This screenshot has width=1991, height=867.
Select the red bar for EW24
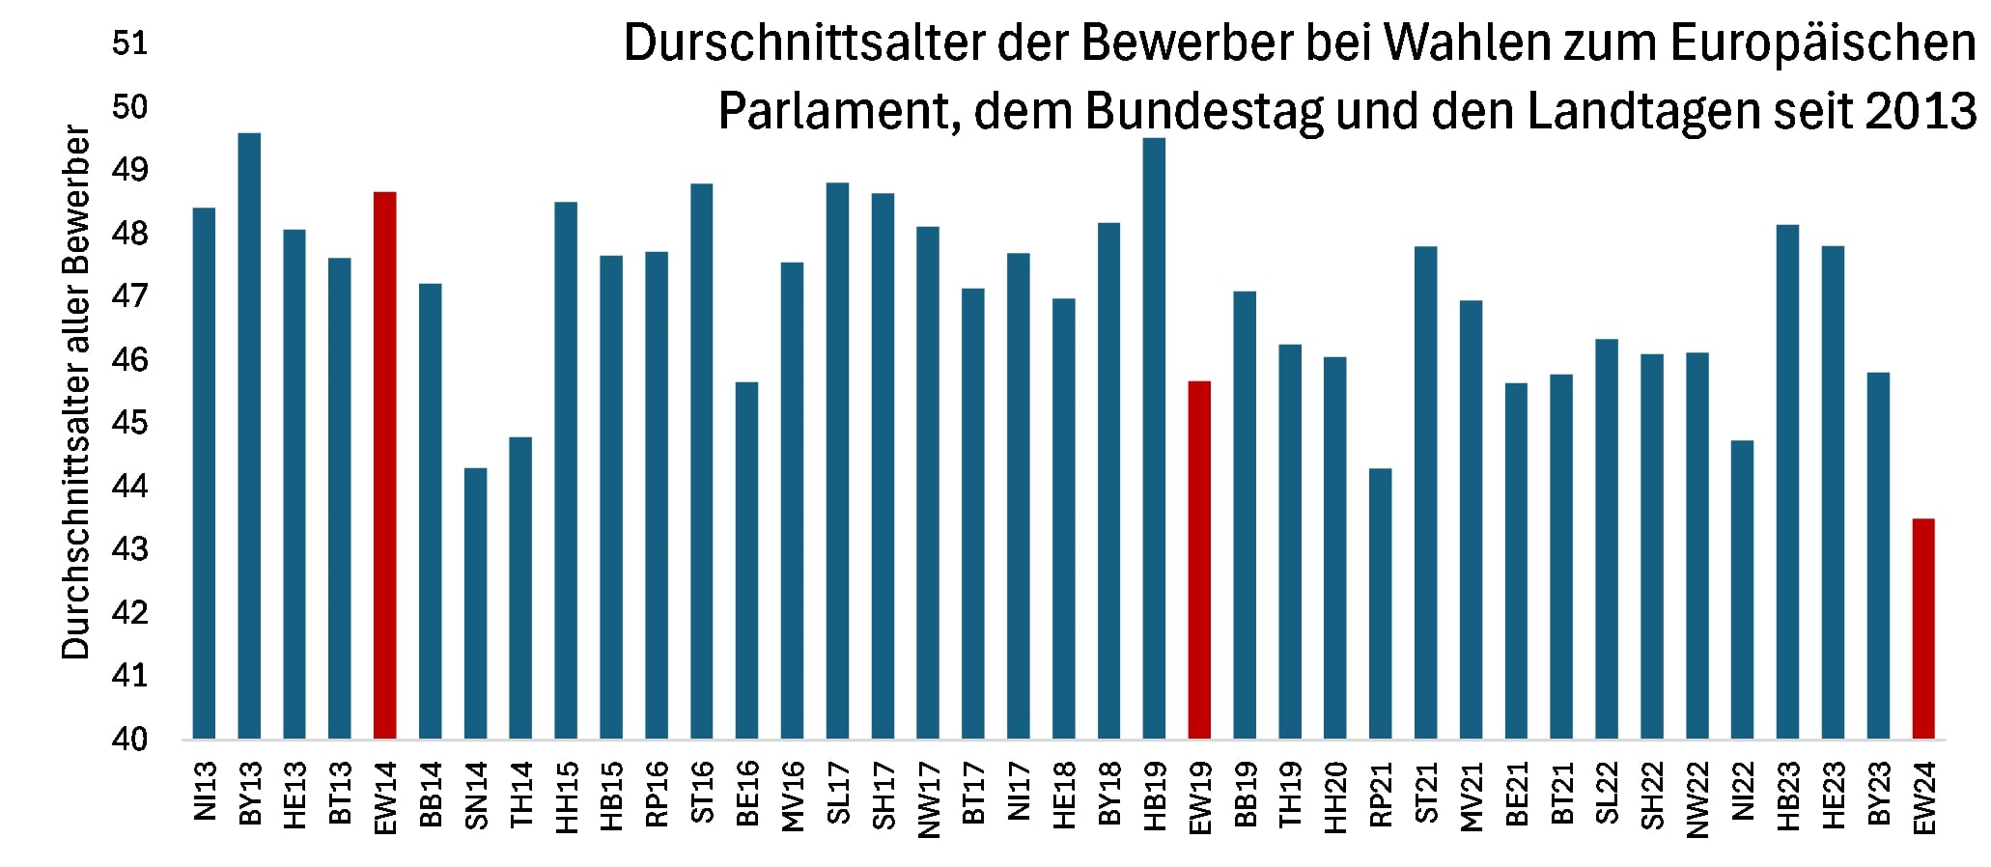pos(1923,629)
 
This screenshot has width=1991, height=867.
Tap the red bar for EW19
pos(1199,560)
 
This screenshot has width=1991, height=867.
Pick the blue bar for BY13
pos(249,435)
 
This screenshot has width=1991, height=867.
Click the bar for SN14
pos(475,603)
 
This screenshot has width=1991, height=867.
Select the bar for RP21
pos(1381,603)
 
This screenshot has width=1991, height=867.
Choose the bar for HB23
pos(1787,482)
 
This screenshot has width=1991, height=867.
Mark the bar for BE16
pos(746,560)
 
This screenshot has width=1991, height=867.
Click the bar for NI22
pos(1742,589)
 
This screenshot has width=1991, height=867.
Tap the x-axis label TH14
pos(521,794)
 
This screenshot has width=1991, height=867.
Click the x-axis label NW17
pos(929,798)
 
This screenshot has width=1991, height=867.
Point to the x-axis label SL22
pos(1607,794)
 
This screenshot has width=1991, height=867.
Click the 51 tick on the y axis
pos(129,44)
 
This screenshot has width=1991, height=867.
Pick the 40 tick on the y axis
pos(129,740)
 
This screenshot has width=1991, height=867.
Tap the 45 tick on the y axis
pos(129,423)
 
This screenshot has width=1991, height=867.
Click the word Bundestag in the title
pos(1204,112)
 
